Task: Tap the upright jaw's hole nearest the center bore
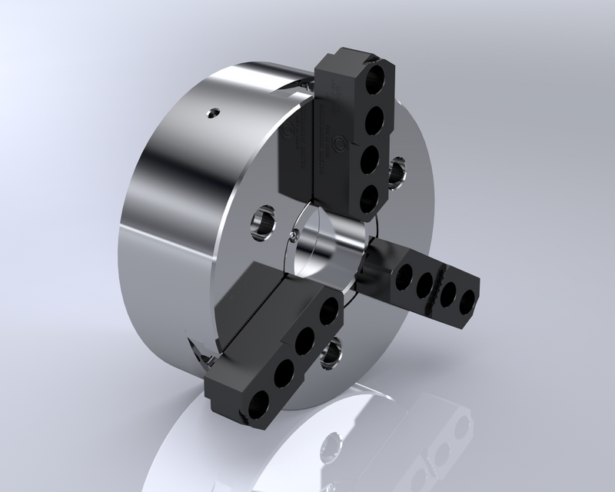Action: pos(370,199)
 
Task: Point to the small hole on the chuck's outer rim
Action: pos(211,115)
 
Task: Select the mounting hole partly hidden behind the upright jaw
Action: pos(397,173)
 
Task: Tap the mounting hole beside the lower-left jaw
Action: pos(332,351)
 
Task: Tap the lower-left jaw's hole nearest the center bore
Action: pos(328,311)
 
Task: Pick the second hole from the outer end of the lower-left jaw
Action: pos(283,372)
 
